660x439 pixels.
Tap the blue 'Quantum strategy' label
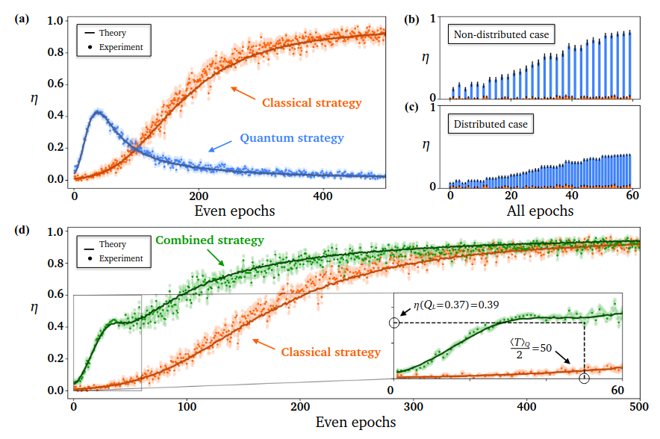click(292, 138)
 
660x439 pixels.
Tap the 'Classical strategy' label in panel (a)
click(312, 102)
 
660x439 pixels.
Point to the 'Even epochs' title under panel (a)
click(234, 211)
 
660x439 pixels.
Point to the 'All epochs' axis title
click(541, 211)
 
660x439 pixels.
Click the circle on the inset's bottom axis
click(584, 379)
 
